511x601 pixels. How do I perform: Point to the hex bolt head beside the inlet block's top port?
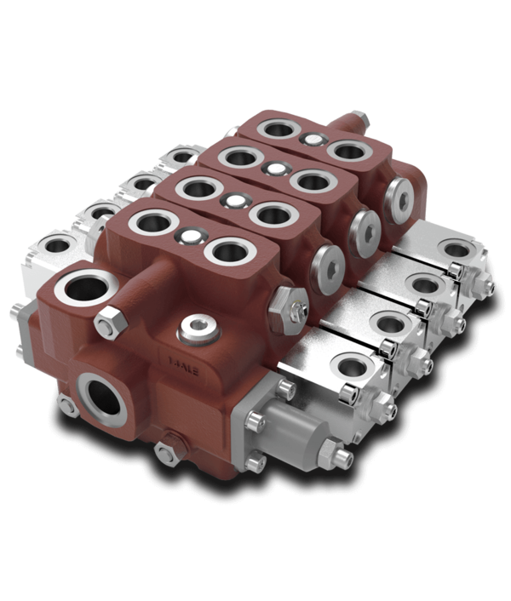(x=110, y=323)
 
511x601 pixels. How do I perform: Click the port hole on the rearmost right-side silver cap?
(x=458, y=249)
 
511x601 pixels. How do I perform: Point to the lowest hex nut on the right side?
(x=342, y=459)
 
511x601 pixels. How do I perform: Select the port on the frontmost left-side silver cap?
(x=58, y=246)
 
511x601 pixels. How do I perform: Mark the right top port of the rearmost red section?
(x=349, y=152)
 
